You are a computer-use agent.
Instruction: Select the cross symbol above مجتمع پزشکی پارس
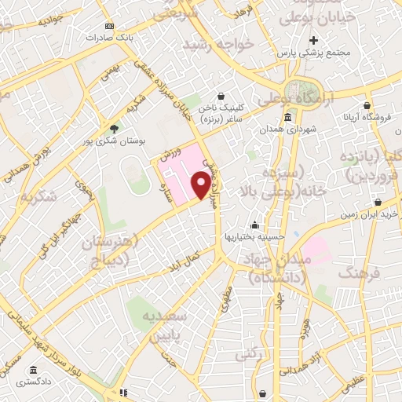(x=313, y=40)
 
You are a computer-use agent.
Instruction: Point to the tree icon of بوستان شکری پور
(x=115, y=128)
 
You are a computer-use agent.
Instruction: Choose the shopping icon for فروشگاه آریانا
(x=367, y=104)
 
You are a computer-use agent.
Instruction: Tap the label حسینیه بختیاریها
(x=253, y=236)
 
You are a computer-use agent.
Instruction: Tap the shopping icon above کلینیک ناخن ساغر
(x=222, y=96)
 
